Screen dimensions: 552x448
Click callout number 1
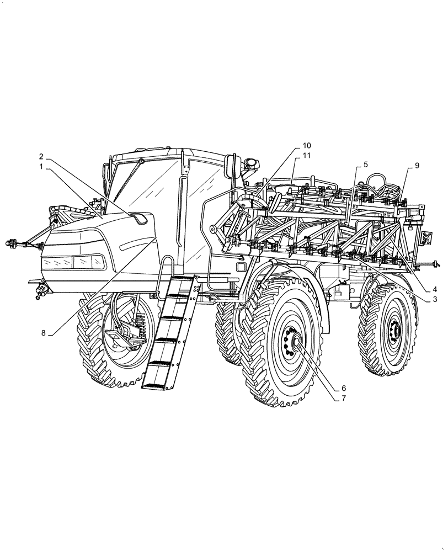point(41,165)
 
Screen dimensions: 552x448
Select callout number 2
point(41,156)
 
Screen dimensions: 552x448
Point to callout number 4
point(435,288)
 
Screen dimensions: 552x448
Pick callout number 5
point(365,164)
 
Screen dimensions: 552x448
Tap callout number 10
point(307,146)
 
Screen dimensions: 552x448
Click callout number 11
point(307,156)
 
